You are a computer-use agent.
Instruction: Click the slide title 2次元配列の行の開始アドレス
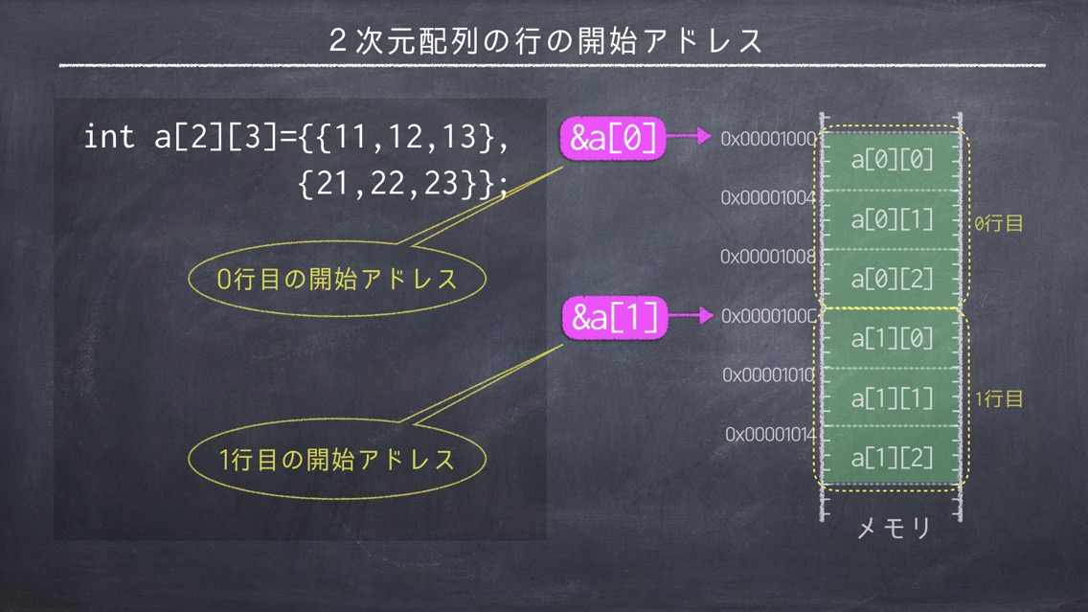point(546,41)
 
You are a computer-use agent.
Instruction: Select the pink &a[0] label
point(613,138)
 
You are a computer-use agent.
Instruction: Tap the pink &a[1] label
point(614,317)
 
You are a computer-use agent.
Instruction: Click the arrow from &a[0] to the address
point(689,136)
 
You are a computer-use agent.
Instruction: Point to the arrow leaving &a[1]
point(691,315)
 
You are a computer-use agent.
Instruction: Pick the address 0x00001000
point(768,139)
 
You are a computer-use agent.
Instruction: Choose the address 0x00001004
point(768,197)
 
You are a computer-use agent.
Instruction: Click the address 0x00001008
point(768,257)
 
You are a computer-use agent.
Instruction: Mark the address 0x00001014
point(770,435)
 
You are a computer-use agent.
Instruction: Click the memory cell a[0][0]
point(892,160)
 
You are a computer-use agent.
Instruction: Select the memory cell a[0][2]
point(892,279)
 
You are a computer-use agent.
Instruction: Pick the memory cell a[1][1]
point(892,397)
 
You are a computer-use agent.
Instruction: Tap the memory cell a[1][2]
point(892,457)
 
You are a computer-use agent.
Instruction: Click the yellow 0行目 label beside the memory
point(999,223)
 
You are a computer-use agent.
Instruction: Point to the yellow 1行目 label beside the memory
point(999,399)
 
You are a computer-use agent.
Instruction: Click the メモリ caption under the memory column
point(894,529)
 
